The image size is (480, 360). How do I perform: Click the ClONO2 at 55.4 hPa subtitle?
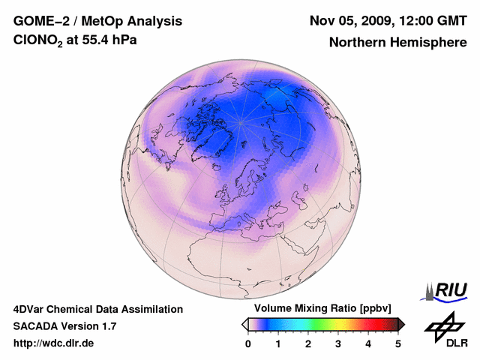pos(75,41)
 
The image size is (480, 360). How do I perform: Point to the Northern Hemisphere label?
pos(397,43)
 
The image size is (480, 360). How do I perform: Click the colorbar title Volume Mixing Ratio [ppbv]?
pos(322,309)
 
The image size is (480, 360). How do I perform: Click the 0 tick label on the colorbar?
pos(248,343)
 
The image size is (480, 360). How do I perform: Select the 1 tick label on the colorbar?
pos(278,343)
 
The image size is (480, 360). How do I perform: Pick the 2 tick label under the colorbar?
pos(308,343)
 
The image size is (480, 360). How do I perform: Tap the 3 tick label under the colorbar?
pos(338,343)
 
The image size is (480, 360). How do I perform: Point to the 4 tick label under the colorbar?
pos(368,343)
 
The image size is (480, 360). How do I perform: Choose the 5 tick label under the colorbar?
pos(398,343)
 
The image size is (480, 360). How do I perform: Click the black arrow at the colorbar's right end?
pos(401,324)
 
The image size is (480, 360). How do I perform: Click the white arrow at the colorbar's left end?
pos(244,324)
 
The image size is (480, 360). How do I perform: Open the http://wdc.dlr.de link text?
pos(54,343)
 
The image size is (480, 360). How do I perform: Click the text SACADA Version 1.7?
pos(64,326)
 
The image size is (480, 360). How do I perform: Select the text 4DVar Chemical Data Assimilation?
pos(97,309)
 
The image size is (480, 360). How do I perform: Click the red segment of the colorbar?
pos(367,324)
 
